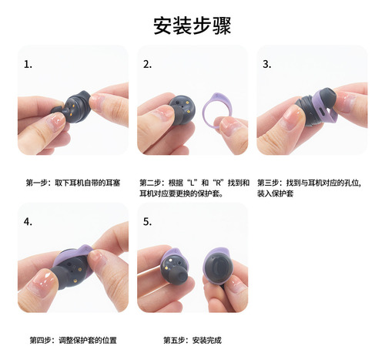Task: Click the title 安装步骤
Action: pos(192,25)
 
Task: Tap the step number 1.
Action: pos(28,64)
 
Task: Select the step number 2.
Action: pos(147,64)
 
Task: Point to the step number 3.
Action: pos(267,64)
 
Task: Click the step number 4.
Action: pos(28,221)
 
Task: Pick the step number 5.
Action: pos(147,221)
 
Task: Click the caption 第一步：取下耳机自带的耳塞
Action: pos(73,183)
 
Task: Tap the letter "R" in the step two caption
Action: pos(219,183)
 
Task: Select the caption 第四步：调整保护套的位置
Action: pos(73,341)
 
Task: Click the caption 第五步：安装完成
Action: pos(192,341)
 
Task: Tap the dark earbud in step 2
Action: pos(182,109)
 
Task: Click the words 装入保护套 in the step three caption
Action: pos(275,193)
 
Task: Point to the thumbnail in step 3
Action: pos(293,118)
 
